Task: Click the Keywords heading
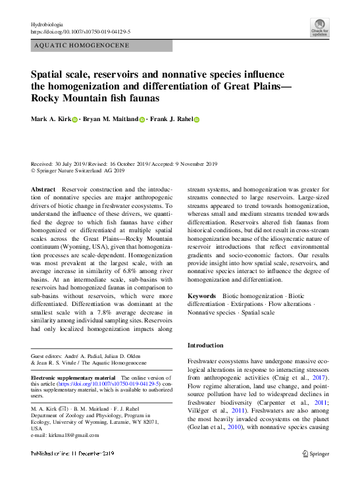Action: tap(202, 296)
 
